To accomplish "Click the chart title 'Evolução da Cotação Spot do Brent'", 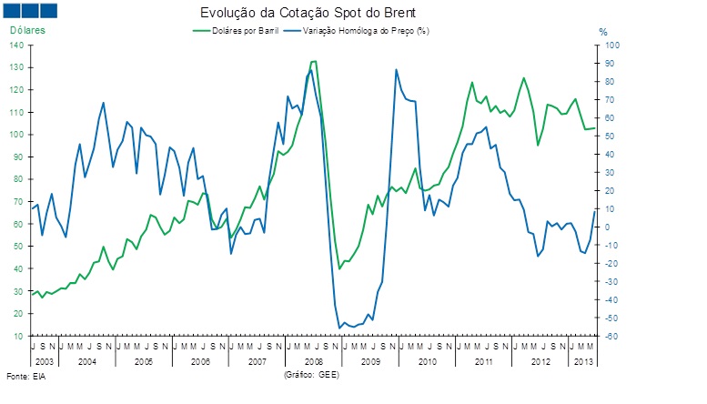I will tap(308, 14).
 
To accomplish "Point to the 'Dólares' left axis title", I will tap(27, 31).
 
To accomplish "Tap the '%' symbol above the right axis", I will tap(602, 32).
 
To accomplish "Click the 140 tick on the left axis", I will tap(17, 45).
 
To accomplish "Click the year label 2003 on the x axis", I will tap(42, 361).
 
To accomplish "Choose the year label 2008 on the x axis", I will tap(312, 361).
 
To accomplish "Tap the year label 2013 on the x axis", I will tap(582, 361).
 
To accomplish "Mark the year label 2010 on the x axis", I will tap(427, 361).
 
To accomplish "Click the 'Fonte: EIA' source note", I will tap(25, 375).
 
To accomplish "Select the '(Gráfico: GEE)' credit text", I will tap(311, 374).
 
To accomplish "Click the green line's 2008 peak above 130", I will tap(313, 62).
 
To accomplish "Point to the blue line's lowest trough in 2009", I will tap(339, 328).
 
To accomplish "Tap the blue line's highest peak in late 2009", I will tap(396, 69).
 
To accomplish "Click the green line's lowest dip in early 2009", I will tap(339, 268).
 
